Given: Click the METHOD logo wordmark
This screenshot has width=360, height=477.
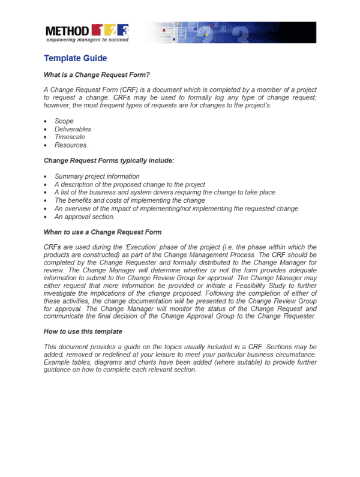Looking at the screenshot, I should pyautogui.click(x=67, y=30).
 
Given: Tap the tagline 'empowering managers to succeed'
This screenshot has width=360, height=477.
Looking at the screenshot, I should pyautogui.click(x=86, y=40).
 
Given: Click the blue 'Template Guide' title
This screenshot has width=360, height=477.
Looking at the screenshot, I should pyautogui.click(x=76, y=58).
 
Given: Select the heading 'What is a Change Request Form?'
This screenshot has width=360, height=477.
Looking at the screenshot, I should pyautogui.click(x=97, y=75).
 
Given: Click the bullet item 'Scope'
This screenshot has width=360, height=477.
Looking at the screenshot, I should pyautogui.click(x=64, y=121).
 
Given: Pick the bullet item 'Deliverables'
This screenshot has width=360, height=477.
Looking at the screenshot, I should pyautogui.click(x=73, y=129).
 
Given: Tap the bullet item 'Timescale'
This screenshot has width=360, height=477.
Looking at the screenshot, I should pyautogui.click(x=69, y=137).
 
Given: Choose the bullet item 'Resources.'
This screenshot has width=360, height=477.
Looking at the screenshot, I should pyautogui.click(x=71, y=145).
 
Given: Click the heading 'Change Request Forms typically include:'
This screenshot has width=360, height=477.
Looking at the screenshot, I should pyautogui.click(x=109, y=161).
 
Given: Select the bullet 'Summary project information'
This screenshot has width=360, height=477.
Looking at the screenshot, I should pyautogui.click(x=97, y=176).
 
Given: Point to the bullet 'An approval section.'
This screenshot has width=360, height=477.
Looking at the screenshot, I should pyautogui.click(x=85, y=217).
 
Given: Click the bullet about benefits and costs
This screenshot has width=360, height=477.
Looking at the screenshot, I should pyautogui.click(x=130, y=200).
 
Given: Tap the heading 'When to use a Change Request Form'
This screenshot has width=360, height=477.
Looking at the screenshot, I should pyautogui.click(x=103, y=232).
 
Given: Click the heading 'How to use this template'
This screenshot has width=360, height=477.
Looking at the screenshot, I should pyautogui.click(x=83, y=331).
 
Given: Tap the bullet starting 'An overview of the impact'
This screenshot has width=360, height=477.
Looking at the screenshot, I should pyautogui.click(x=176, y=209).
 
